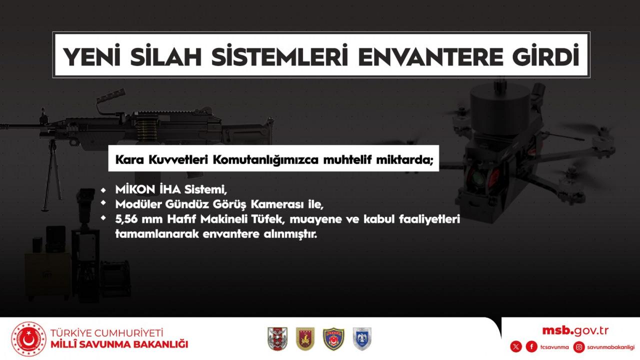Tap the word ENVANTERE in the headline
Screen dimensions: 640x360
(430, 56)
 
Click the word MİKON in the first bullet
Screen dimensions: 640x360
(135, 189)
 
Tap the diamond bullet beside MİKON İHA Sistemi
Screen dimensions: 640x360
(103, 190)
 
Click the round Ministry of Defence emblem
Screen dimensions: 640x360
(28, 339)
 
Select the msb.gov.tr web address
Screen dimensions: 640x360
(575, 331)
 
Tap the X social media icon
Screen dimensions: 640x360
(515, 347)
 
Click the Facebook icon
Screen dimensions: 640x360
(531, 347)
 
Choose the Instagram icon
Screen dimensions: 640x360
(579, 347)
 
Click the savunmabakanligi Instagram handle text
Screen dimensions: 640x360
(610, 347)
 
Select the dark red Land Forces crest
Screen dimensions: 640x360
(305, 339)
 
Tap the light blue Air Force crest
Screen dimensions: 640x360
(362, 339)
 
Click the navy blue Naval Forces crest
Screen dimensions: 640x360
(333, 339)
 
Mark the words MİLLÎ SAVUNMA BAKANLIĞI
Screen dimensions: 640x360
(119, 344)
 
